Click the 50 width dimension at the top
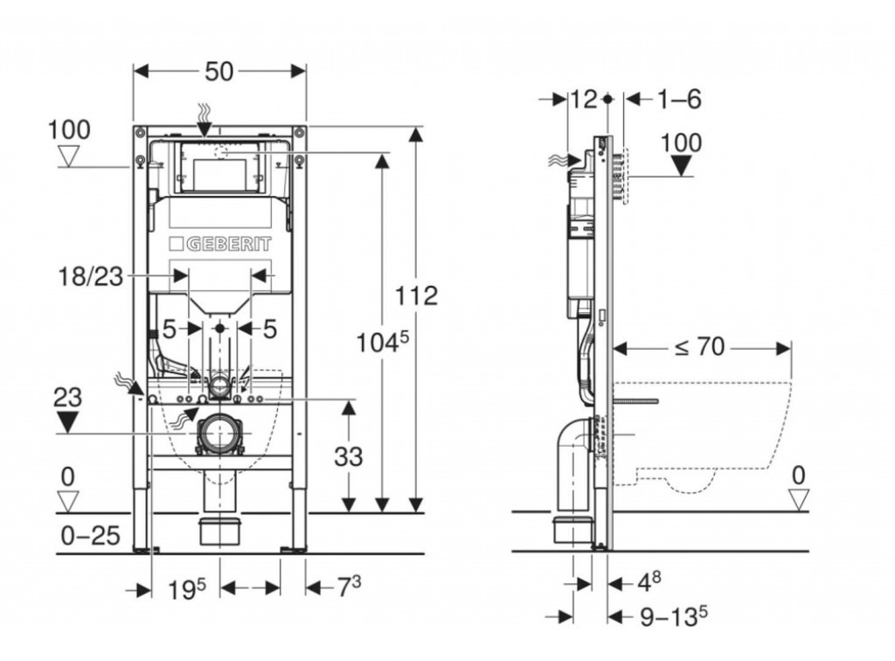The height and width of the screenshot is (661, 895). (x=219, y=72)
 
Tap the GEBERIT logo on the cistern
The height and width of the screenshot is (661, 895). (x=219, y=243)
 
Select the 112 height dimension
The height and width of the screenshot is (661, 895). (x=417, y=295)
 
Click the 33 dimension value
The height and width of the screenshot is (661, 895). (x=348, y=456)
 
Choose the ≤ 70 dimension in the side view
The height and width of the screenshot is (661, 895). (x=699, y=347)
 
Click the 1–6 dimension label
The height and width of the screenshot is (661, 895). (x=679, y=99)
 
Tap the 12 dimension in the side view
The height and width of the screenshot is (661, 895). (x=583, y=99)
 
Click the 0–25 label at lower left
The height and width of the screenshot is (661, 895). (x=91, y=535)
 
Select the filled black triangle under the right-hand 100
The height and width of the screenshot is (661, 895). (x=681, y=164)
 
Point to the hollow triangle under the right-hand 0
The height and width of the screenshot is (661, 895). (x=798, y=499)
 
